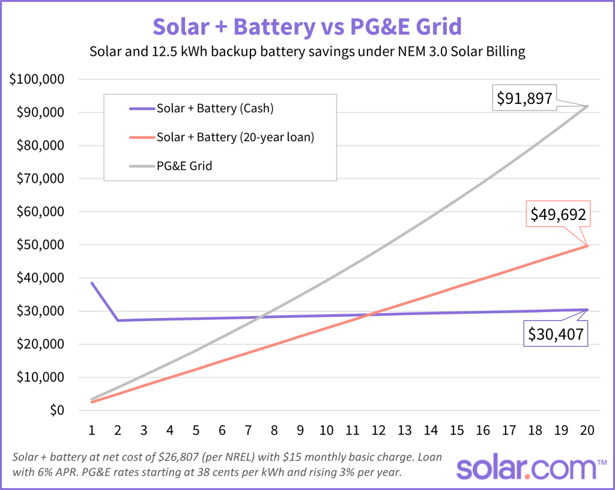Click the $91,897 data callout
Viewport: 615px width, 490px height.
(x=524, y=98)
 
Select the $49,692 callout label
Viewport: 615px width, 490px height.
(x=557, y=215)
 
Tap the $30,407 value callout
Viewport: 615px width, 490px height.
(x=555, y=334)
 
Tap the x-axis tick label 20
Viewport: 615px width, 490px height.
(x=587, y=430)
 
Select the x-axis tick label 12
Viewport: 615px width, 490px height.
(x=378, y=430)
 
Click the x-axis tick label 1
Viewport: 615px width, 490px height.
(x=92, y=430)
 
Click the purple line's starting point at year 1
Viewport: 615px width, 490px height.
(x=92, y=283)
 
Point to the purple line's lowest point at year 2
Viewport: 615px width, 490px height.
(x=118, y=320)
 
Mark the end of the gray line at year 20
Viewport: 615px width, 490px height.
(x=587, y=106)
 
